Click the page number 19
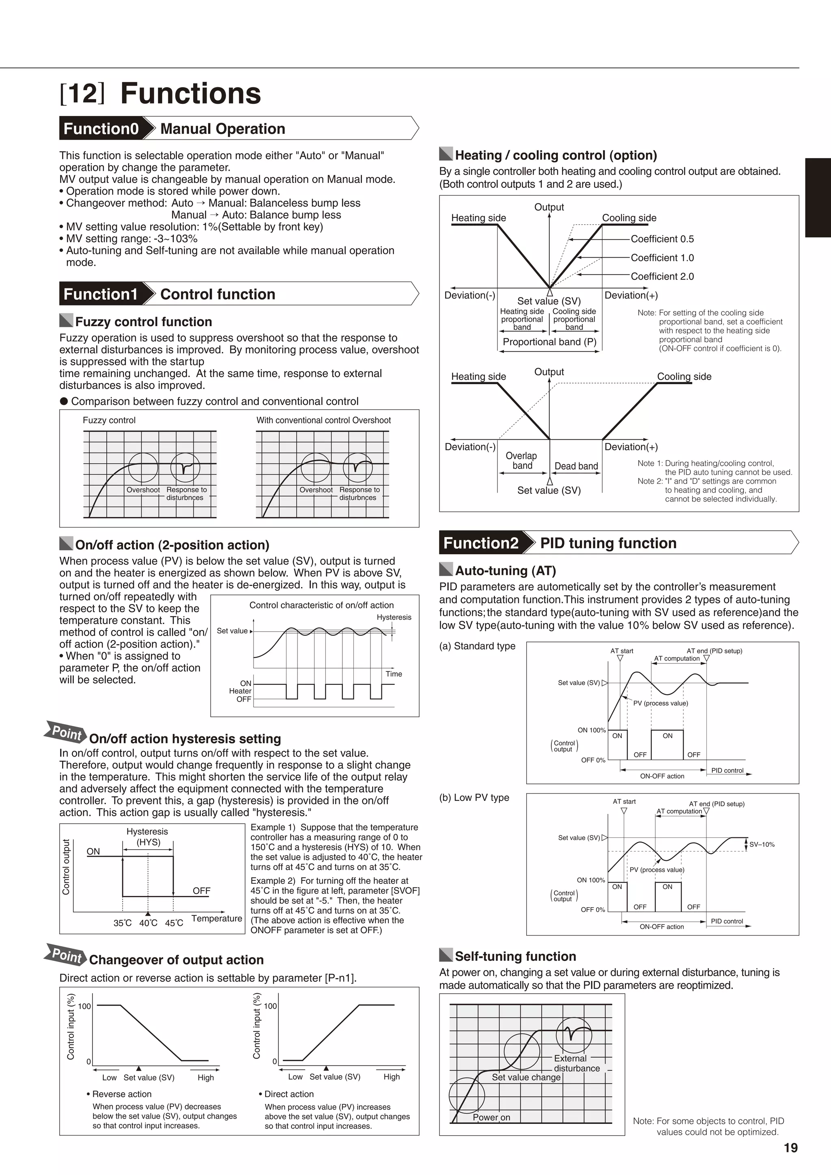[x=790, y=1148]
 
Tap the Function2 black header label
[x=480, y=542]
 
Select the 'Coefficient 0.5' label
[x=662, y=239]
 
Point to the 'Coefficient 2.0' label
[x=662, y=276]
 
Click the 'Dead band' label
[x=576, y=466]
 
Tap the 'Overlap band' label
[x=521, y=461]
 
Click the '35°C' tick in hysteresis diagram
[x=122, y=923]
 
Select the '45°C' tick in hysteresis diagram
[x=174, y=923]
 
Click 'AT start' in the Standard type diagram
[x=621, y=651]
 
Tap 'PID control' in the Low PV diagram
[x=727, y=921]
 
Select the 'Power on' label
[x=491, y=1117]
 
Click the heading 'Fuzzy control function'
[x=143, y=322]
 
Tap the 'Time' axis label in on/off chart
[x=394, y=674]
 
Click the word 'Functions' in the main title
[x=190, y=93]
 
